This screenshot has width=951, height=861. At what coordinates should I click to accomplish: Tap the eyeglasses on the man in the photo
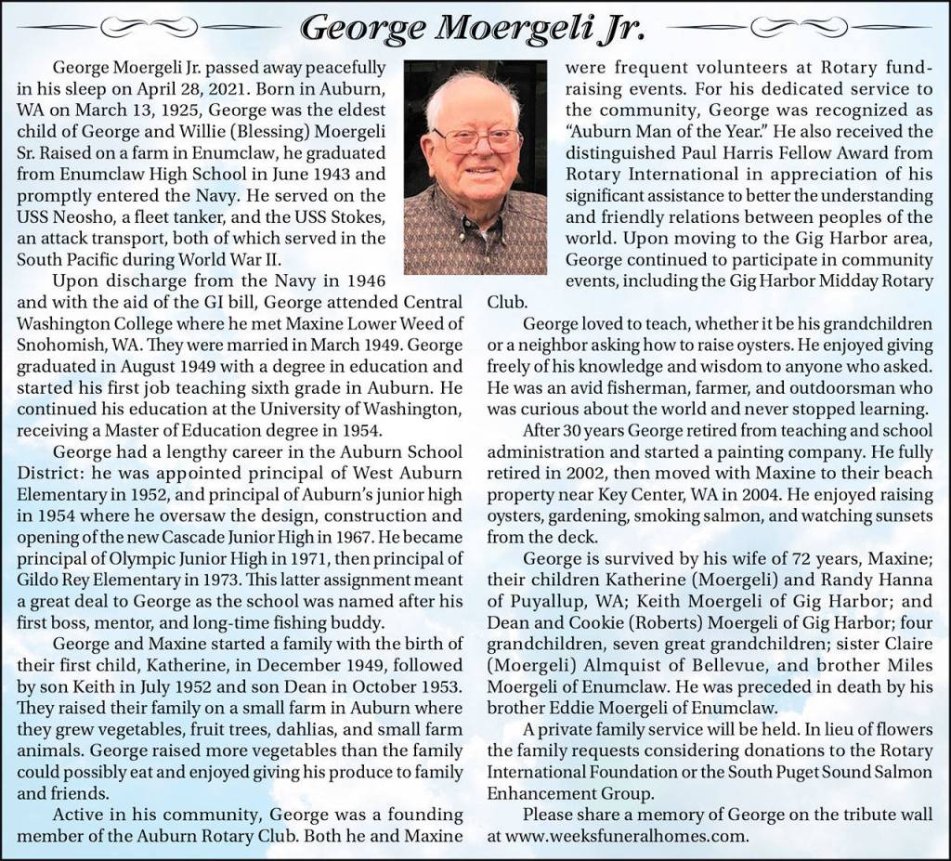476,139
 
